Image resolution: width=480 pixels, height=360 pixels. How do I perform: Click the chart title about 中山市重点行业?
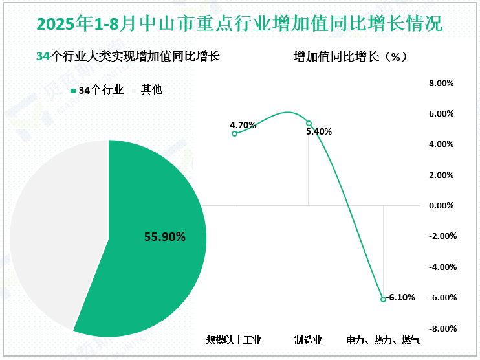click(240, 24)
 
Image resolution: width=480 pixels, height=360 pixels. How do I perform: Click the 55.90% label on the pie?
click(165, 237)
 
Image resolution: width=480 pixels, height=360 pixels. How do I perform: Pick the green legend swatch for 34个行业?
click(73, 91)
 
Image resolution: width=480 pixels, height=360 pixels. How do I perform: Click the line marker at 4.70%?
click(234, 134)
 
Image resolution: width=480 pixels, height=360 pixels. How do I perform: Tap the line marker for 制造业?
click(309, 123)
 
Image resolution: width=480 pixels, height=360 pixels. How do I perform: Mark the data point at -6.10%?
click(383, 299)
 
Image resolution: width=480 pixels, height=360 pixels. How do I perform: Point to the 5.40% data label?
click(319, 132)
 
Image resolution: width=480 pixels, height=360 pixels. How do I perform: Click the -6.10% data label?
click(400, 298)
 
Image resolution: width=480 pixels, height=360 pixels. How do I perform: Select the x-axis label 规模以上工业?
click(234, 339)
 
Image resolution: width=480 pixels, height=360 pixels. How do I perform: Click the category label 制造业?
click(308, 339)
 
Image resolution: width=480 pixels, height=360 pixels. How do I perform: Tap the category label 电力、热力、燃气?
click(383, 339)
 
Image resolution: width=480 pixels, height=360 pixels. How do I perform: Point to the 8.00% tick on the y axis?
click(442, 84)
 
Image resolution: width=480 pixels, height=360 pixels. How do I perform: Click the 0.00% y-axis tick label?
click(442, 206)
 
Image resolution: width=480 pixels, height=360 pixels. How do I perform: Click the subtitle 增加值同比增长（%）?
click(350, 57)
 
